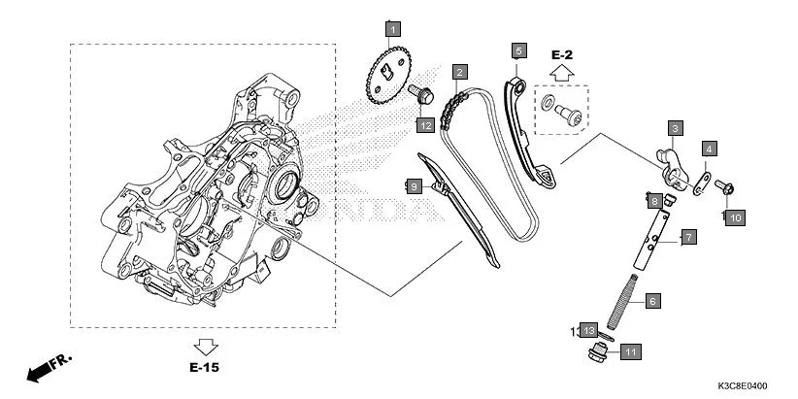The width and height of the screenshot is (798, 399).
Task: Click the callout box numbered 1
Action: (392, 29)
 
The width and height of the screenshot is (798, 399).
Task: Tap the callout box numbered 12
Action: (425, 124)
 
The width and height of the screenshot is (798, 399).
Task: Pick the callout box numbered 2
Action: (458, 71)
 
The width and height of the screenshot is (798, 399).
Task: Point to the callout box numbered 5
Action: (518, 50)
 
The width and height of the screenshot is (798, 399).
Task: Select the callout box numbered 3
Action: (674, 127)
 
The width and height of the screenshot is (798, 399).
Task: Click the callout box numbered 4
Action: (710, 149)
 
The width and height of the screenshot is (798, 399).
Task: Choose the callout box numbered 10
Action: (735, 218)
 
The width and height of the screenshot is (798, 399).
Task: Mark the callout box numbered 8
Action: (656, 201)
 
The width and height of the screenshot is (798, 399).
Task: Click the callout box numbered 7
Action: (686, 237)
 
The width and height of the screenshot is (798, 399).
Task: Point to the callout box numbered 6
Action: (652, 302)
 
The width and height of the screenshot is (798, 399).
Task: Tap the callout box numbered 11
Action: (629, 351)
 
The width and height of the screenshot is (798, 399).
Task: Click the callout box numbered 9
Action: (413, 184)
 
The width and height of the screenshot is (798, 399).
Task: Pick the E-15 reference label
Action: (205, 368)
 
